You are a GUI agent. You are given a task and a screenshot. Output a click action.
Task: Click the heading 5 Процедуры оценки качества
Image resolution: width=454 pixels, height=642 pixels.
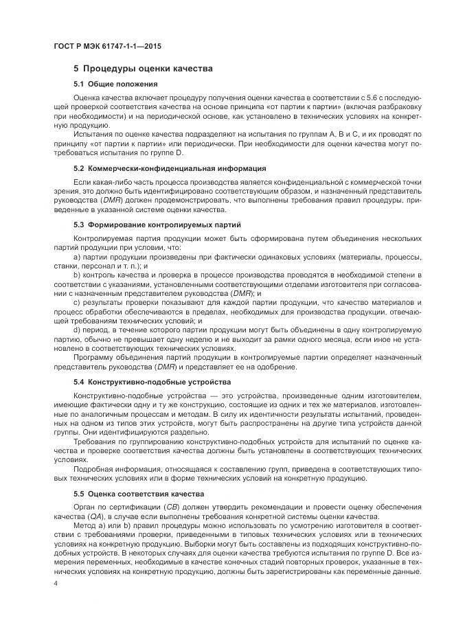pyautogui.click(x=143, y=69)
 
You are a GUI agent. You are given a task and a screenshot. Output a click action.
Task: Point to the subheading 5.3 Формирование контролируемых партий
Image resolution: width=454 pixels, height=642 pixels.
pyautogui.click(x=157, y=224)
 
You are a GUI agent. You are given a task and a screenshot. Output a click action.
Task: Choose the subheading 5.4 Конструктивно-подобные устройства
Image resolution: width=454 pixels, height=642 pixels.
pyautogui.click(x=152, y=381)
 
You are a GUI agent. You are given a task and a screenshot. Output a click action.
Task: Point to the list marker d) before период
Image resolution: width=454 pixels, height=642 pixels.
pyautogui.click(x=77, y=329)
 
